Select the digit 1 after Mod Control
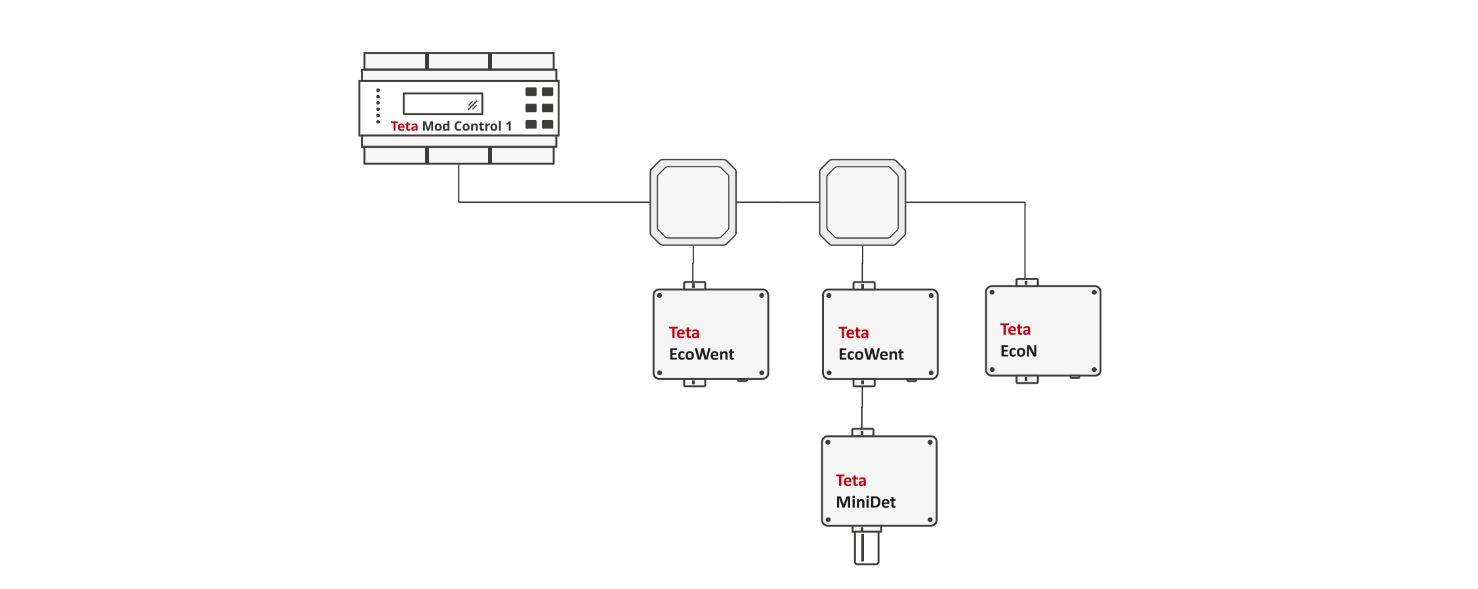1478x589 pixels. [508, 126]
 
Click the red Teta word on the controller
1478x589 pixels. [404, 126]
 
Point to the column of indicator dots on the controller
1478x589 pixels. [378, 106]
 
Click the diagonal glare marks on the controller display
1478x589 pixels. [472, 105]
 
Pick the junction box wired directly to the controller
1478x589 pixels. [693, 202]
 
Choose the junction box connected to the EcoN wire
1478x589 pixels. [862, 202]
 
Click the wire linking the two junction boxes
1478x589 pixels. [778, 202]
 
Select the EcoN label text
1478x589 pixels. [1018, 352]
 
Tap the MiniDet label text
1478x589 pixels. [865, 502]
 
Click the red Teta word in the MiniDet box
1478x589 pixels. [851, 481]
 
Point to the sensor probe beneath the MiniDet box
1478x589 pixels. [866, 547]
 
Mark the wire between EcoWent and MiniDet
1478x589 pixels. [862, 407]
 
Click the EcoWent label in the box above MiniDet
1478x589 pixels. [871, 355]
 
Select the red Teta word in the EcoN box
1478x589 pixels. [1015, 329]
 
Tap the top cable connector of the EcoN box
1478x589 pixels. [1027, 283]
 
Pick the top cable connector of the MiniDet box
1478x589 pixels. [863, 432]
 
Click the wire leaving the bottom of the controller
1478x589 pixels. [459, 183]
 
